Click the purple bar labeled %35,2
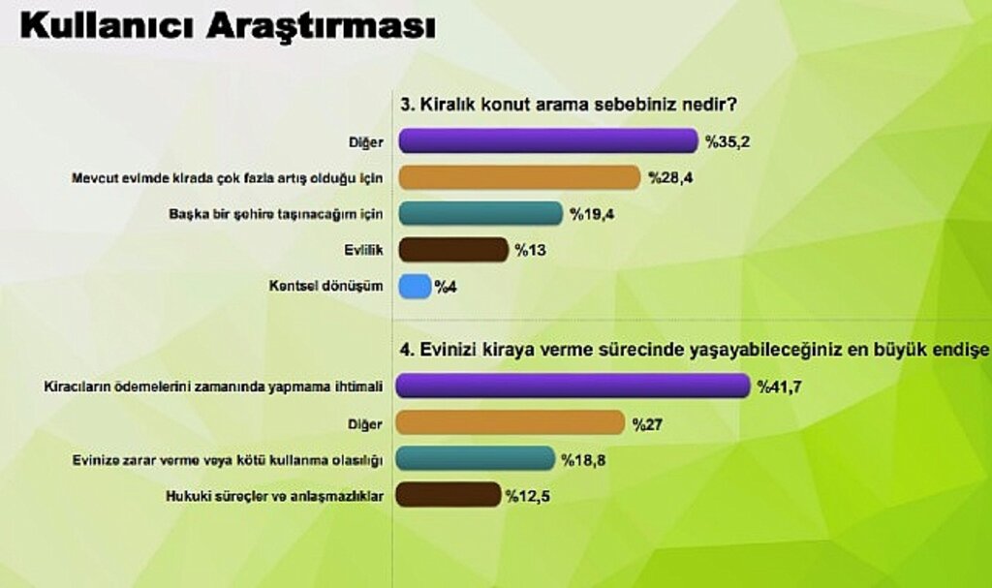point(548,141)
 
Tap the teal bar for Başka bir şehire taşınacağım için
point(480,213)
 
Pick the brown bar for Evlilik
point(453,250)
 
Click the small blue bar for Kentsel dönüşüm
point(415,286)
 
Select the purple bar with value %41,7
point(574,386)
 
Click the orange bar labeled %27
point(511,422)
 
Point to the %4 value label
point(446,287)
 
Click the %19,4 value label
point(590,214)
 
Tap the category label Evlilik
point(364,250)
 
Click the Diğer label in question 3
point(369,141)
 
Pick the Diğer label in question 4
point(369,422)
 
